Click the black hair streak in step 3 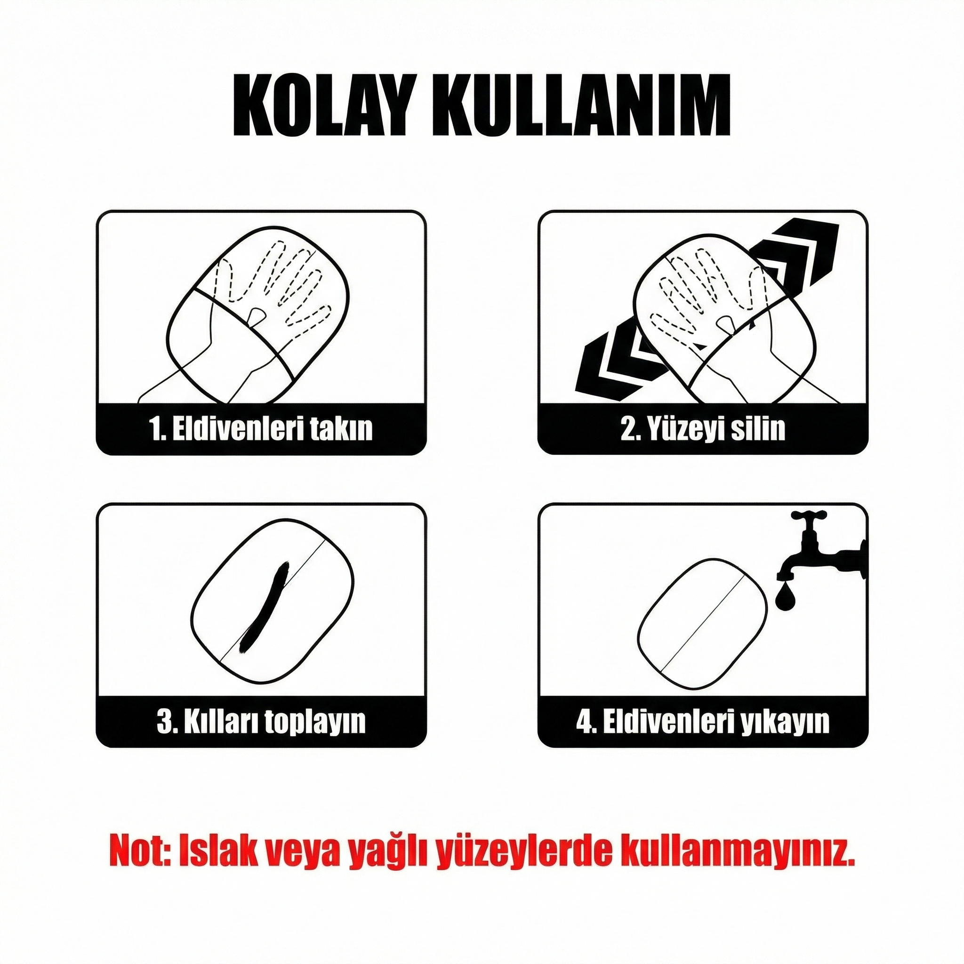tap(264, 607)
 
